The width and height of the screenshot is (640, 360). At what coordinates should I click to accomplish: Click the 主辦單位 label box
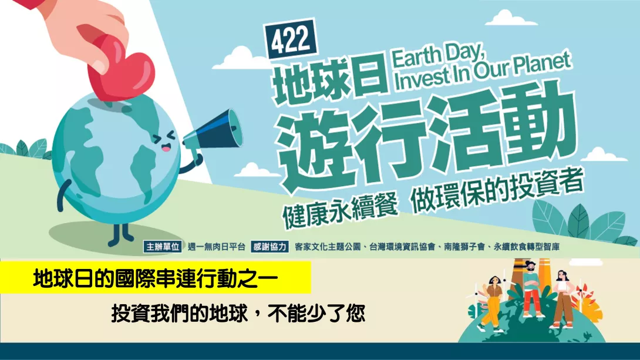pos(163,247)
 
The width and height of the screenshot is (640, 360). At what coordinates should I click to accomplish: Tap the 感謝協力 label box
pos(270,247)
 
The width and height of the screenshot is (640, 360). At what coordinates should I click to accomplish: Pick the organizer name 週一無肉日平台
pos(216,247)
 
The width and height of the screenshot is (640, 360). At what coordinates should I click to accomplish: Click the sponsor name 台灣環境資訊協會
pos(402,247)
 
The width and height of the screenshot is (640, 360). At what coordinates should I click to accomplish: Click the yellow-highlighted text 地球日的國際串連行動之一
pos(156,279)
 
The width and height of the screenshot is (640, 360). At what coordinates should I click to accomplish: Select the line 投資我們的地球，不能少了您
pos(238,314)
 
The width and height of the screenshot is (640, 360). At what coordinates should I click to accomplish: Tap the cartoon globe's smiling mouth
pos(166,147)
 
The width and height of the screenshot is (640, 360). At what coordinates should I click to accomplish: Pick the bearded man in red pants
pos(531,288)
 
